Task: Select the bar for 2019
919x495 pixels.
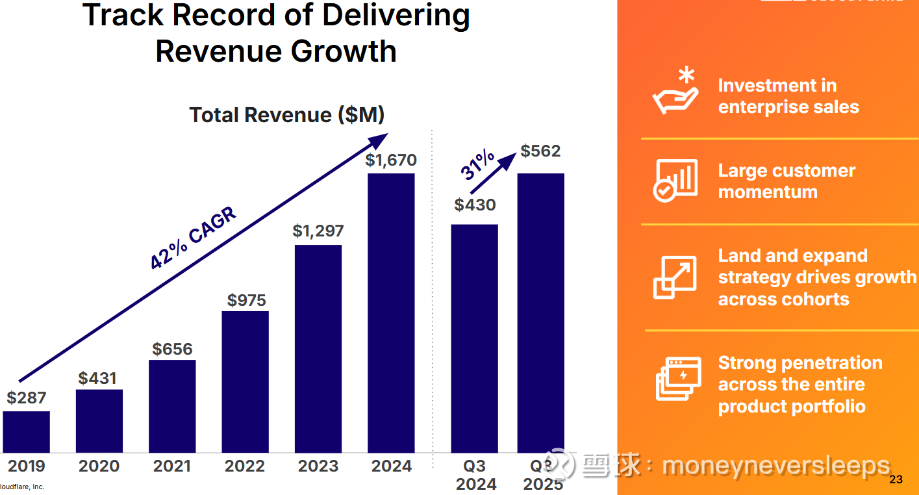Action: pos(26,431)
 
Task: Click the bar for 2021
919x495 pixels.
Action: pos(172,406)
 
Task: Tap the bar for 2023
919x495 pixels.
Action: pos(318,348)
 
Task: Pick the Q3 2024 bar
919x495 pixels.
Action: pos(474,338)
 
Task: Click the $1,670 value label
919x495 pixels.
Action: pos(391,160)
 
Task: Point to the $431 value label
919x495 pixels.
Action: pos(97,378)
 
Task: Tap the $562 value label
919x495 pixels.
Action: pos(540,151)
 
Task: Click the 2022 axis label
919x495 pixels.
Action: pos(245,466)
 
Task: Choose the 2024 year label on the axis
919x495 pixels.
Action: pos(392,466)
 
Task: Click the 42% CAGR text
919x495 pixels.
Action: pos(193,238)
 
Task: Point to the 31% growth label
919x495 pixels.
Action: pos(478,165)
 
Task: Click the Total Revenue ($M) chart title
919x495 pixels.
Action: pos(287,115)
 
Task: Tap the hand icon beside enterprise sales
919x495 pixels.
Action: pos(675,93)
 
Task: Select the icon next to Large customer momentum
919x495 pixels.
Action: pos(675,180)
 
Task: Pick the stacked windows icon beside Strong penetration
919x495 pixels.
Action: pos(678,379)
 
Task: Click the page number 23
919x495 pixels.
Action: pos(896,480)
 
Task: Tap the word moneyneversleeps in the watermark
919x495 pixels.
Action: pos(775,466)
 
